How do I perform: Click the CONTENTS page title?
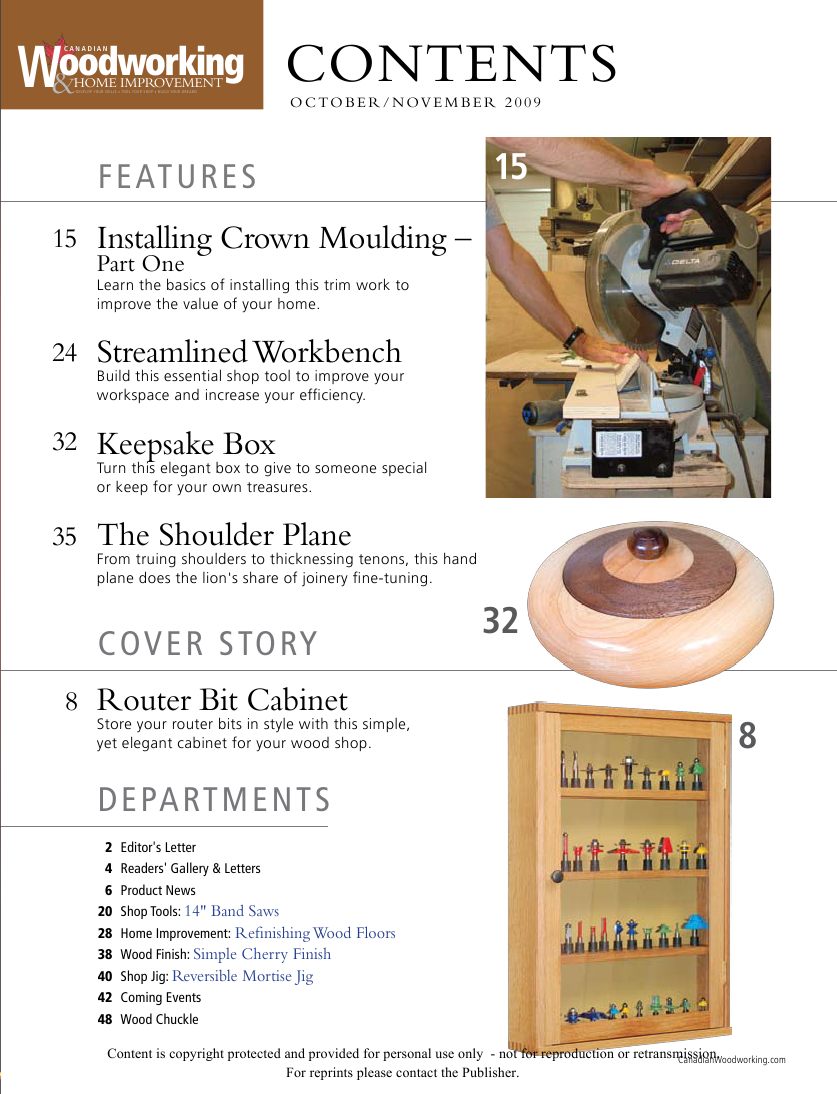tap(451, 64)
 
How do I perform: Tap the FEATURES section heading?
tap(178, 177)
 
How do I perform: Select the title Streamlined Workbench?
tap(249, 352)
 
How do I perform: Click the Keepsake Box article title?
tap(186, 443)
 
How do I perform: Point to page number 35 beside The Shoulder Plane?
tap(65, 537)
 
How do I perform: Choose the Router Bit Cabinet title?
tap(222, 699)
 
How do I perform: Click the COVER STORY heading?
tap(208, 644)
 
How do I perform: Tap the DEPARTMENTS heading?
tap(214, 800)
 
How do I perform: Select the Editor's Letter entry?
tap(158, 847)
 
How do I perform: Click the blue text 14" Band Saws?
tap(232, 911)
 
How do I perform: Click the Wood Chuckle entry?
tap(159, 1019)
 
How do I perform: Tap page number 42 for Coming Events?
tap(104, 997)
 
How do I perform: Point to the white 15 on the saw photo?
tap(511, 166)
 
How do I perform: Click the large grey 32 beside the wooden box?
tap(501, 621)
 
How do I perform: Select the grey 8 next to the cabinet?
tap(747, 736)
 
